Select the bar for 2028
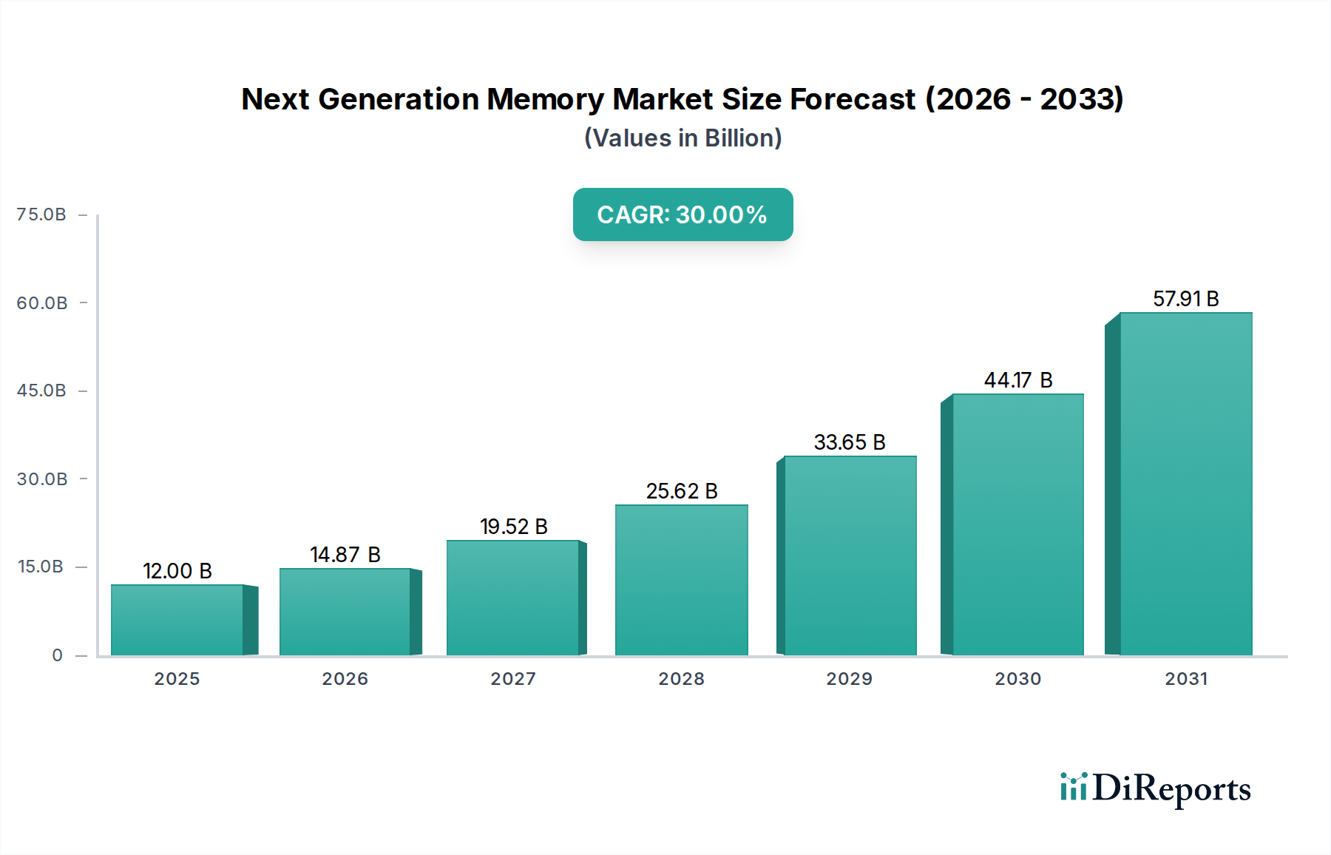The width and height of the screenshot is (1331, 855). click(681, 580)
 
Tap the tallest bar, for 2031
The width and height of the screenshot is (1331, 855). click(1185, 484)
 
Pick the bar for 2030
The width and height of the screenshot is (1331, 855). click(1017, 524)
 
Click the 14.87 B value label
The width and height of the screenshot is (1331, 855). click(345, 555)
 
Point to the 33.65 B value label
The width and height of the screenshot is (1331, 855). click(850, 442)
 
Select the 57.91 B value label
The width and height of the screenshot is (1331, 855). click(1185, 299)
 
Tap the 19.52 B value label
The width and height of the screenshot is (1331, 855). click(513, 527)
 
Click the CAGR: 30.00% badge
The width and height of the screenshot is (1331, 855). click(683, 214)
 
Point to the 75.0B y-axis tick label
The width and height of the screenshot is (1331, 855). click(41, 214)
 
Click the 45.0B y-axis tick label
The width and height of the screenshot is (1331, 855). click(41, 391)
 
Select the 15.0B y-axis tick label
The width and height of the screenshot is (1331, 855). click(41, 567)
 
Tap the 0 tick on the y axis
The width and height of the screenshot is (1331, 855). click(57, 655)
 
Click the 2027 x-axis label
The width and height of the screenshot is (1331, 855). click(513, 679)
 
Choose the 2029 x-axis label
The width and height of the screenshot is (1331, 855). click(850, 679)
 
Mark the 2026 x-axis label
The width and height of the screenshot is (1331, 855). click(345, 679)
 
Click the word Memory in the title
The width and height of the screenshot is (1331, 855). click(545, 99)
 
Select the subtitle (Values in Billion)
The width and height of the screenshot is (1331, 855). click(683, 138)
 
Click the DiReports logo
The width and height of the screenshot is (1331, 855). click(1155, 788)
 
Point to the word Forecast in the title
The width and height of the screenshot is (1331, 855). click(853, 99)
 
